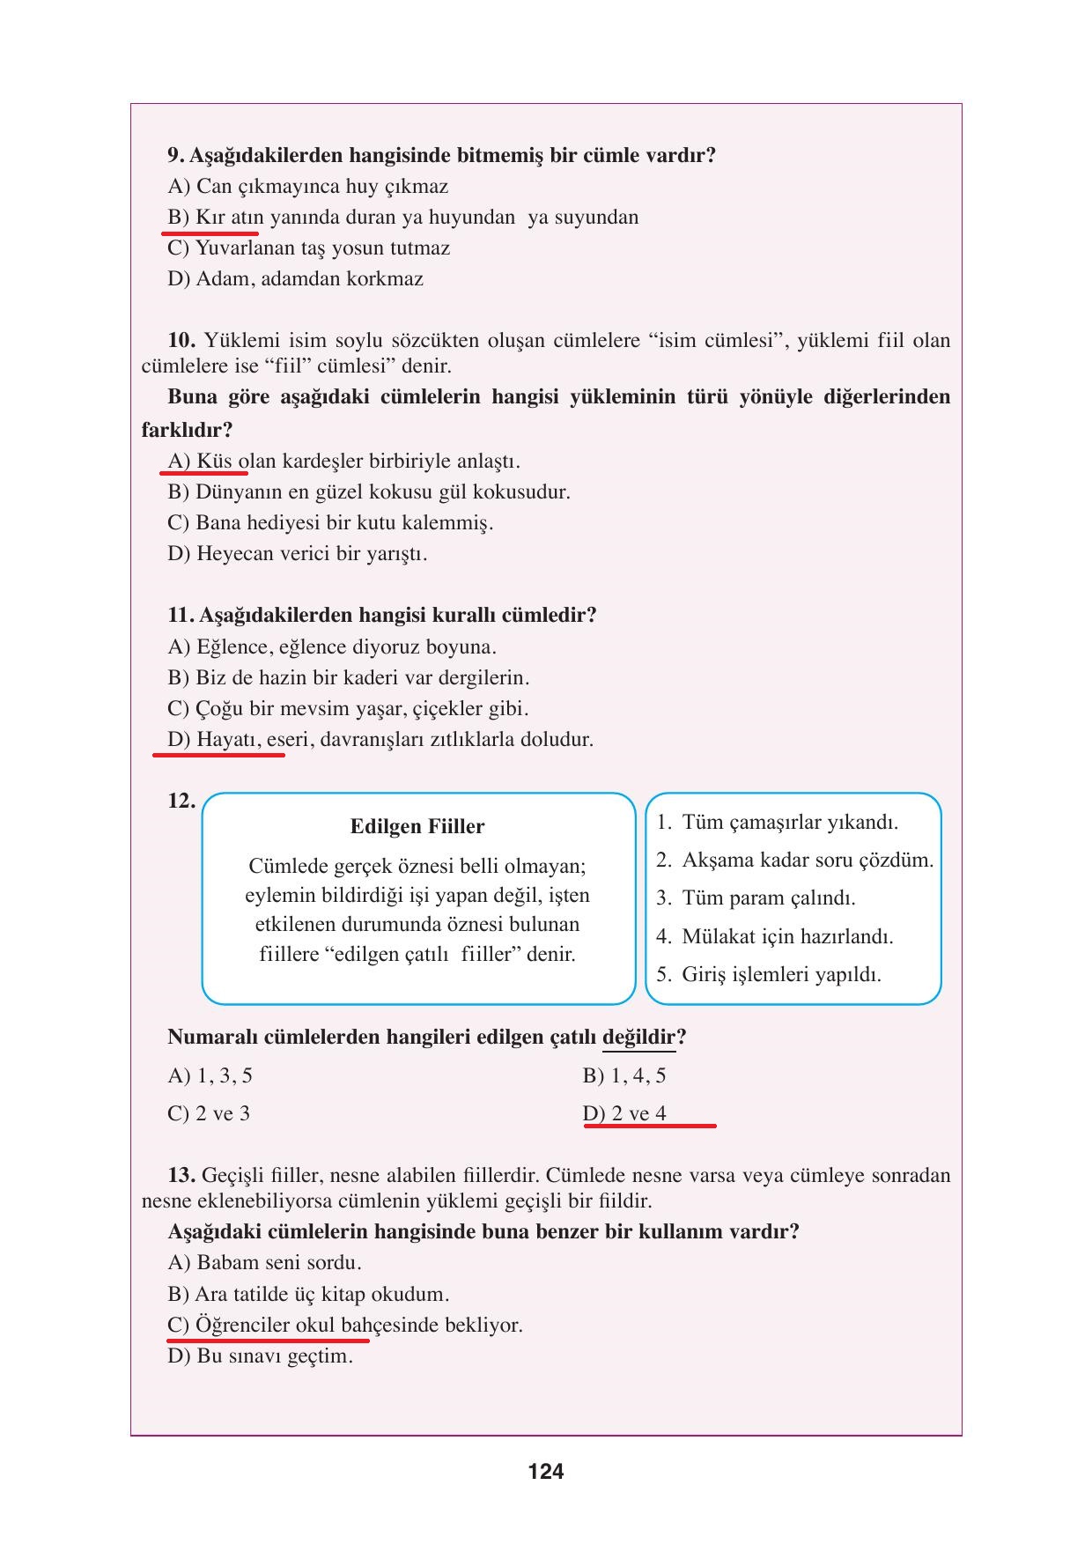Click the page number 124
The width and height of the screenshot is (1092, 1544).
(x=546, y=1471)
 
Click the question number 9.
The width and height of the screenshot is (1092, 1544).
(x=175, y=156)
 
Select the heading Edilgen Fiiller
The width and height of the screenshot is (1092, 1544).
(x=417, y=826)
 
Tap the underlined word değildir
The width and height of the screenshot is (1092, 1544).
(x=638, y=1037)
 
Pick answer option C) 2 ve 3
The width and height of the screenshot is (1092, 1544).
(x=209, y=1113)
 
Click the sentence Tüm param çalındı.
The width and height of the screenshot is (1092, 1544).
(x=768, y=898)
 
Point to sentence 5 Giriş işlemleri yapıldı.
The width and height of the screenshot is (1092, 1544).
(x=780, y=974)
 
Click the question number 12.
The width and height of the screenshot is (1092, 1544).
(x=181, y=801)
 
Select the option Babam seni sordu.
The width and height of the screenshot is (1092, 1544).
(x=278, y=1262)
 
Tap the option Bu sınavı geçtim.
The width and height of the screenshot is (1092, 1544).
(x=274, y=1356)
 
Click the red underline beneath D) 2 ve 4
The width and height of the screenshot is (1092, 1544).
(x=649, y=1126)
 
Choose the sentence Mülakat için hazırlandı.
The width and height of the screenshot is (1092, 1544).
(x=786, y=936)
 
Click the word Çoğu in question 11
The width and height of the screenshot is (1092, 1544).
(x=218, y=709)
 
